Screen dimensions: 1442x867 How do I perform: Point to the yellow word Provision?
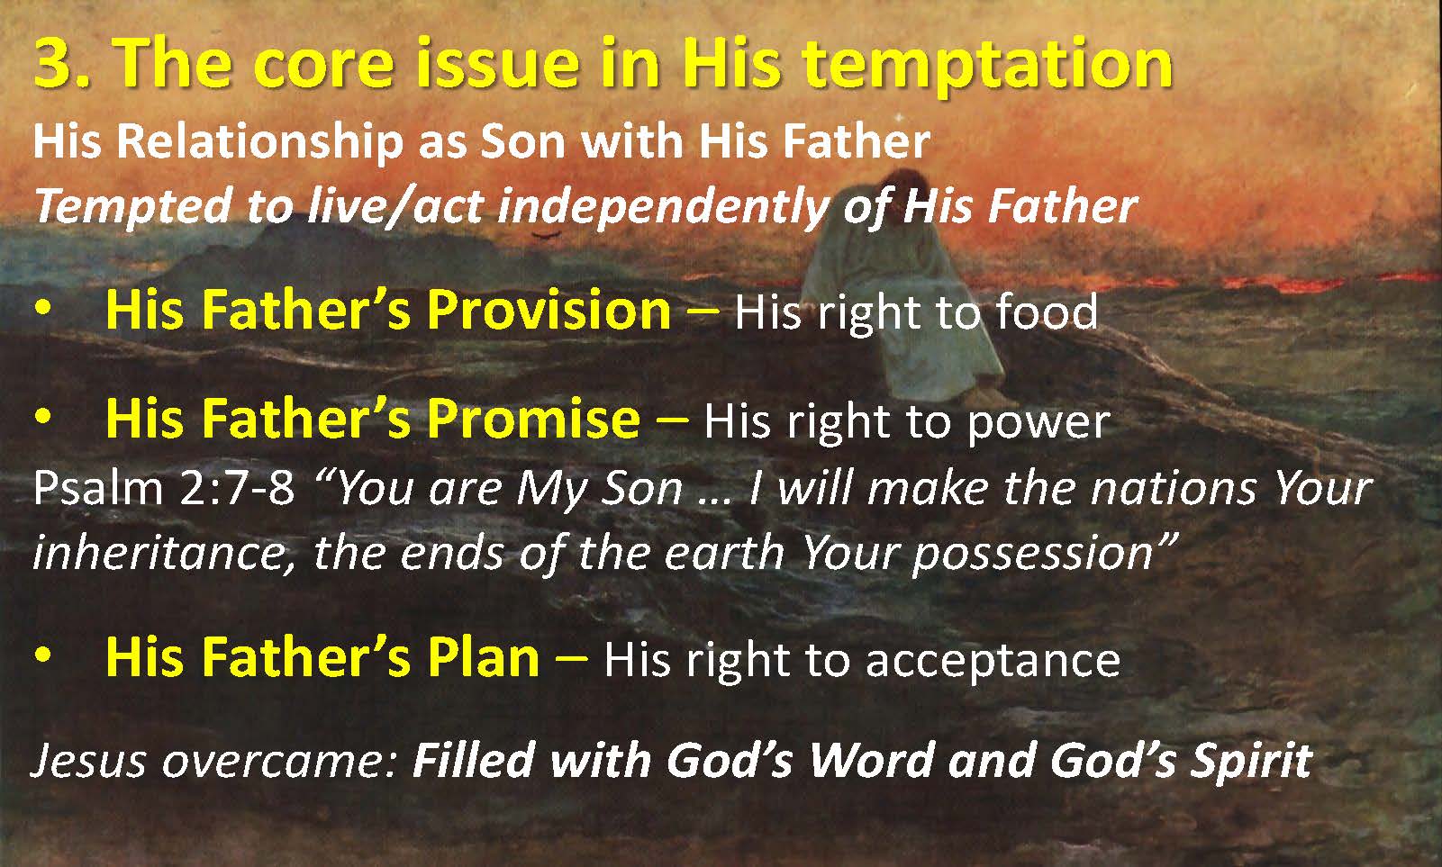point(549,310)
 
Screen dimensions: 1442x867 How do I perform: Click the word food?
point(1047,312)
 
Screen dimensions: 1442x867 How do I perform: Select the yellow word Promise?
point(534,419)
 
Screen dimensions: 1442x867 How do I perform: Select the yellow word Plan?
point(484,657)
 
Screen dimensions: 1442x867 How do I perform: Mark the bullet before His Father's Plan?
point(42,655)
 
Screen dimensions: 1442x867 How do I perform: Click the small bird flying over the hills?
point(546,236)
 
